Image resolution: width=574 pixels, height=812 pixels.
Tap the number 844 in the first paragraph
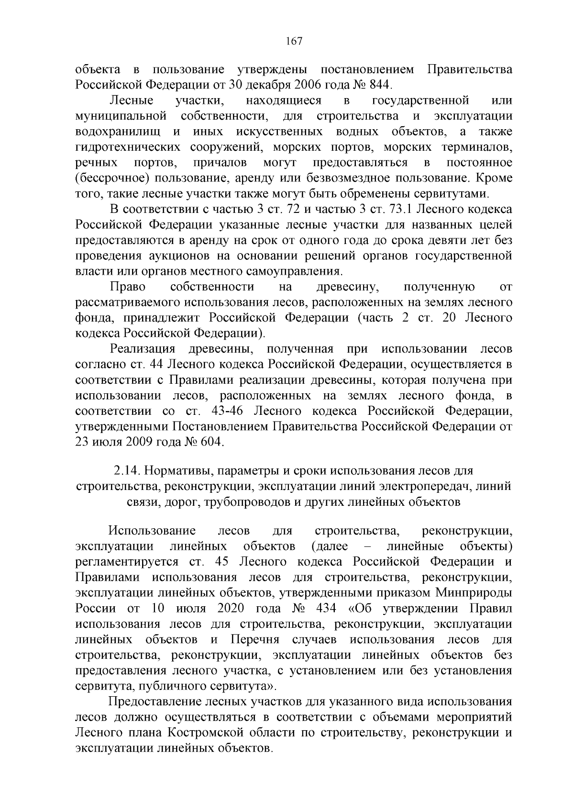379,85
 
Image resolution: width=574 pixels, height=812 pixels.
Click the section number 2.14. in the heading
126,471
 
